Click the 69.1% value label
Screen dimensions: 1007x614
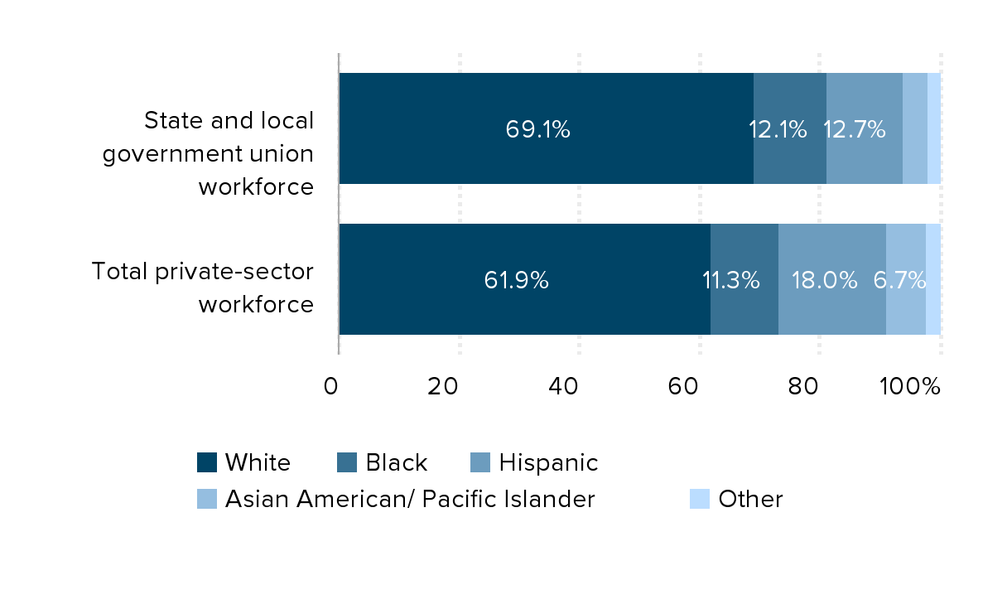point(537,129)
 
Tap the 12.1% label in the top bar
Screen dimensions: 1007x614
point(778,129)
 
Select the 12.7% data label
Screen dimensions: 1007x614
point(854,129)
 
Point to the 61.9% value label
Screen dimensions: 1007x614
point(516,280)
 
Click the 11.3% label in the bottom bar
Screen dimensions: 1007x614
point(731,280)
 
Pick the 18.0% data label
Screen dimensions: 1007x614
point(824,280)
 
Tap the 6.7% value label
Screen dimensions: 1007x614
point(899,280)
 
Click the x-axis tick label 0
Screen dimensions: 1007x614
point(330,386)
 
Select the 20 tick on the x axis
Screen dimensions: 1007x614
point(442,386)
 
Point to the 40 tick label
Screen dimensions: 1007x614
point(563,386)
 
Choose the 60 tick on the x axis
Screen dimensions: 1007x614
point(683,386)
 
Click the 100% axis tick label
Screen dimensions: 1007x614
point(909,386)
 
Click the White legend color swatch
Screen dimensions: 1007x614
point(207,462)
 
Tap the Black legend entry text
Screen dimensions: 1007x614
point(396,462)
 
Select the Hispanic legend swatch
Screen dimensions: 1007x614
point(480,462)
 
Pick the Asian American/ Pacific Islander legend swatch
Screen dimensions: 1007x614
point(207,499)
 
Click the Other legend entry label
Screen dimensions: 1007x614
point(750,499)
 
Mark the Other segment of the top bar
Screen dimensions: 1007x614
point(934,128)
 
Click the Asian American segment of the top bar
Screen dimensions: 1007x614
point(915,128)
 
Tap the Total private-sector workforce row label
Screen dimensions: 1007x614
point(202,288)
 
